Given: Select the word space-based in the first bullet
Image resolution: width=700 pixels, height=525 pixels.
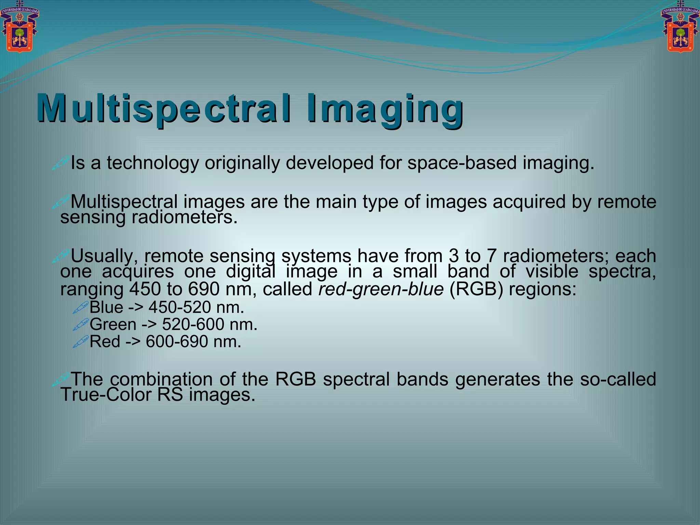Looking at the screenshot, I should click(x=461, y=163).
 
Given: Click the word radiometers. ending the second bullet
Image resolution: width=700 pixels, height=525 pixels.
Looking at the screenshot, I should click(x=185, y=217).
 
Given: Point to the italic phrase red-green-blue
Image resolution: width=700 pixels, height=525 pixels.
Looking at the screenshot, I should click(x=381, y=289).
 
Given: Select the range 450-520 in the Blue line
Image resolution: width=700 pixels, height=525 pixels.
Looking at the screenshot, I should click(x=180, y=307).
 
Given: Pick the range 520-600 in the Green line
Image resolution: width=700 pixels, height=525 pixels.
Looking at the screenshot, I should click(x=193, y=324).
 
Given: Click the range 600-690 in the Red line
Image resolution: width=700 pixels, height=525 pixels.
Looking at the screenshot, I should click(x=177, y=341).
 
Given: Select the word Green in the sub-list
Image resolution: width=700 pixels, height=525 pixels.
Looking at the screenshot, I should click(x=113, y=324).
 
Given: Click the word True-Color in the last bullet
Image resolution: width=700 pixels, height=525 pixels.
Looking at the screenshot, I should click(x=106, y=395).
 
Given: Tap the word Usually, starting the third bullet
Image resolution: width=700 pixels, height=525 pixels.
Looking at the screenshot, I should click(x=104, y=256).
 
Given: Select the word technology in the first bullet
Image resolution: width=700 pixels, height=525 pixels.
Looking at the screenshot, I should click(x=153, y=163).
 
